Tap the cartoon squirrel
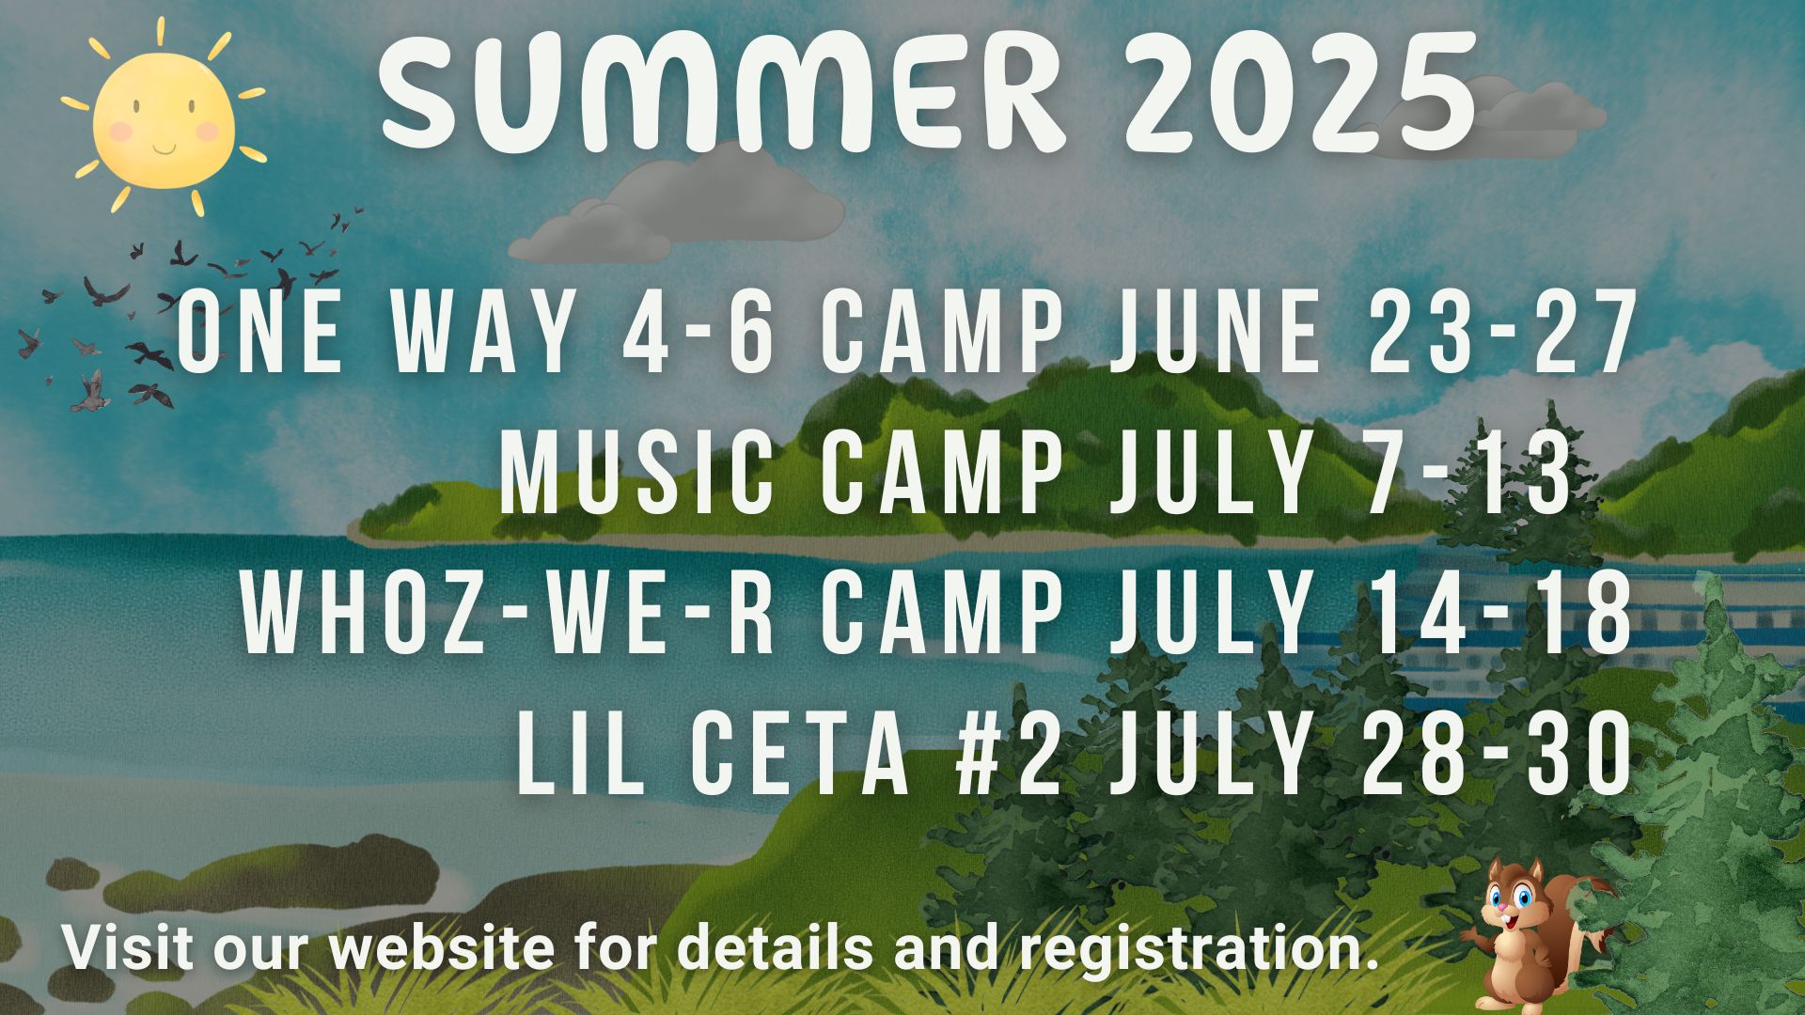pos(1532,935)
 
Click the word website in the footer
pos(441,947)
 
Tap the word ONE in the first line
pos(259,332)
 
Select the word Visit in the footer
pos(131,947)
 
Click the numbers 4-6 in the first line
pos(699,332)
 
